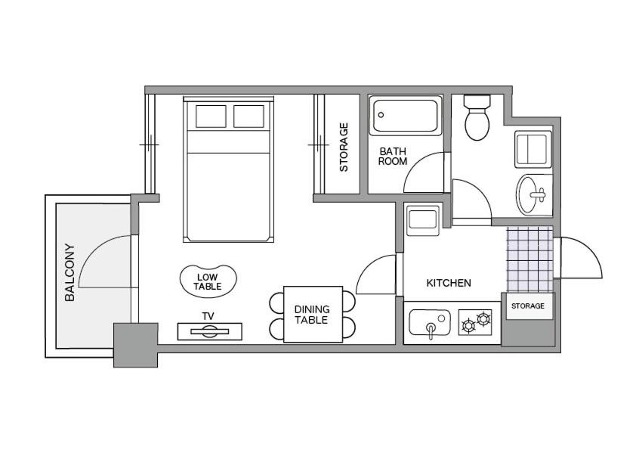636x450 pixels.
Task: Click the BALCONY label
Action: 69,272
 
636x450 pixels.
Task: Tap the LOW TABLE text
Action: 207,282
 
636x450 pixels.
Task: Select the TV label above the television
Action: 208,316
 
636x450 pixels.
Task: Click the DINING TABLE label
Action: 312,315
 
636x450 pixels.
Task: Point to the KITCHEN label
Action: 449,283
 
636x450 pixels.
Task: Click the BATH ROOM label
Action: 392,157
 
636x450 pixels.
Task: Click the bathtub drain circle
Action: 381,115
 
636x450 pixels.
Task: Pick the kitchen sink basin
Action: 430,322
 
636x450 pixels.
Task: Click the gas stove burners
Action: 475,322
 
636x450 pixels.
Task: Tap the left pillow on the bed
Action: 211,116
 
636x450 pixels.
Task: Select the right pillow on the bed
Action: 249,116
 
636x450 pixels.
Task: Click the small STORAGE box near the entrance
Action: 528,306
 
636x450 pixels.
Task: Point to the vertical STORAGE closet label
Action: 344,147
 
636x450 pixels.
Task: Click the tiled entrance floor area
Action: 530,259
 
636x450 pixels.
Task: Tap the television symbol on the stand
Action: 210,331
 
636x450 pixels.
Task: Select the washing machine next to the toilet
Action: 533,149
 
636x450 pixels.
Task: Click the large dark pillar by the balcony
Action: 135,345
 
